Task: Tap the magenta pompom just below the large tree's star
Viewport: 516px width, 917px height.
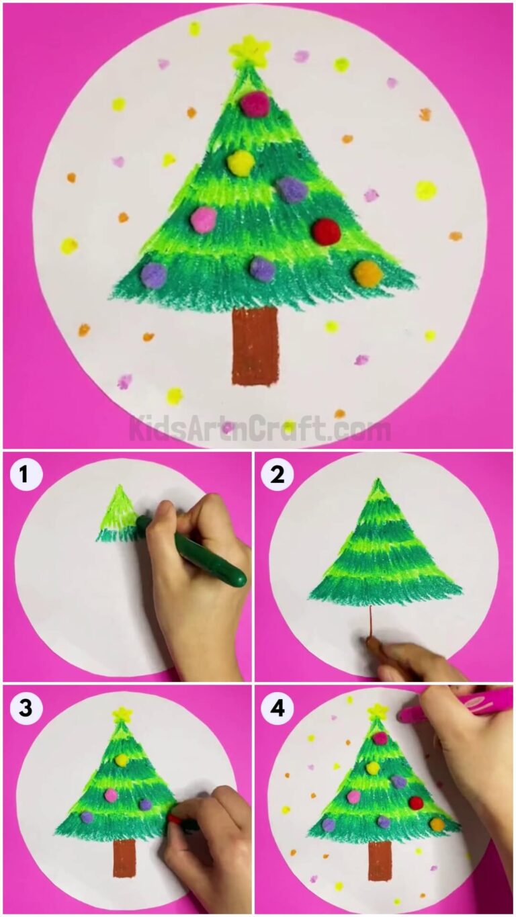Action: point(255,104)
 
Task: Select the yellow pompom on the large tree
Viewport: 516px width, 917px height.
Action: point(241,162)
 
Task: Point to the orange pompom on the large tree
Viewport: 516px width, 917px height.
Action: point(368,273)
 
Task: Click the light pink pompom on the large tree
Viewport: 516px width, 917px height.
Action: point(203,219)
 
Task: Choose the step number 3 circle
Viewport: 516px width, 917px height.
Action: point(25,708)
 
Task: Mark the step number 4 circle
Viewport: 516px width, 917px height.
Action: point(277,708)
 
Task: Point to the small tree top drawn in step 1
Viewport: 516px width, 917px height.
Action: point(120,514)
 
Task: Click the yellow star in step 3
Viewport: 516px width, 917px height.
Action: point(122,715)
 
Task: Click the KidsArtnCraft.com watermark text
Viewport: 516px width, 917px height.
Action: point(259,428)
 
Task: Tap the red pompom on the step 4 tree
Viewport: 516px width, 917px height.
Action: point(416,802)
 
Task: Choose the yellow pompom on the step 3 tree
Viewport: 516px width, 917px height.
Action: point(122,760)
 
